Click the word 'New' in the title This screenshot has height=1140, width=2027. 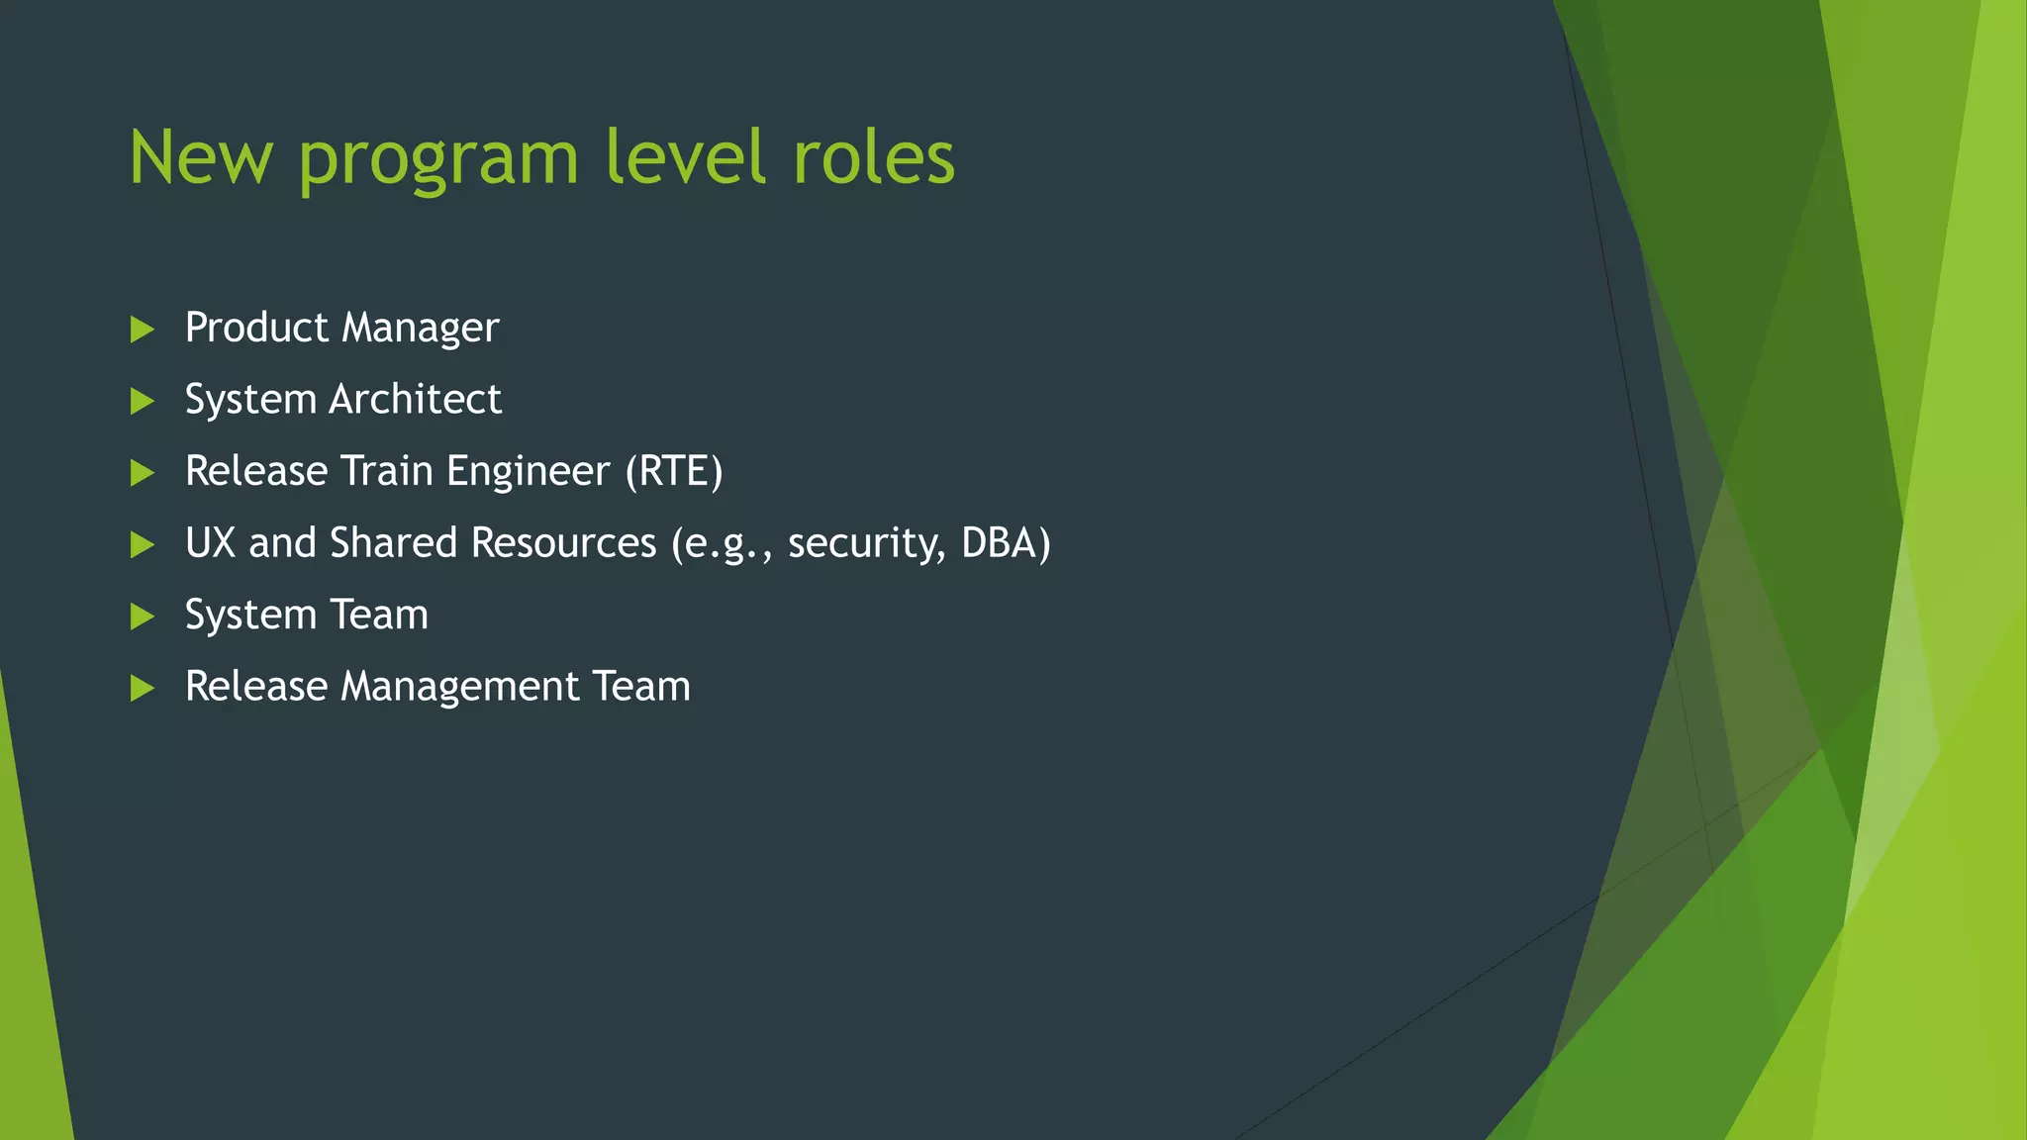point(201,158)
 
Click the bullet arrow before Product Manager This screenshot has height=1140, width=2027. point(143,330)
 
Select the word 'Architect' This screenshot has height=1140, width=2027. point(416,400)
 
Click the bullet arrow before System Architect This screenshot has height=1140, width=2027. point(143,401)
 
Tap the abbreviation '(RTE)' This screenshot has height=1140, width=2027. point(674,472)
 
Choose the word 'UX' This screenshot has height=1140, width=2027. point(210,543)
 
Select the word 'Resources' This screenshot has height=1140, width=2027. point(563,543)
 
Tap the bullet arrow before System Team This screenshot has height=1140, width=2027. point(143,617)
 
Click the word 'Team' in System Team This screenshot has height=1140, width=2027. point(379,615)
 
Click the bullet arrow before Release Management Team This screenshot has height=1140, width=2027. point(143,688)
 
